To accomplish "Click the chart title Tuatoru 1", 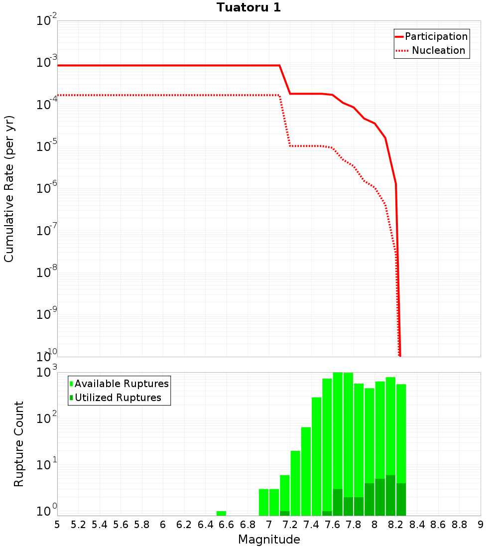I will [249, 7].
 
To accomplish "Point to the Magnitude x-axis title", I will [269, 540].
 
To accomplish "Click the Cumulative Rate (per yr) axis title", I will [9, 189].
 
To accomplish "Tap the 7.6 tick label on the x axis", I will [332, 525].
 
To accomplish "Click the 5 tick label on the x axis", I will [57, 525].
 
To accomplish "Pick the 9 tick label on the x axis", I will [481, 525].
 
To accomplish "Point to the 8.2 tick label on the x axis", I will [396, 525].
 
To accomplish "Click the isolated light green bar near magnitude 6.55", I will [221, 513].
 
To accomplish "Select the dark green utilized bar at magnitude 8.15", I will [390, 496].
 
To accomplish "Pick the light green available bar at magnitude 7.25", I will [295, 483].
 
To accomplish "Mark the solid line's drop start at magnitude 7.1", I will [279, 65].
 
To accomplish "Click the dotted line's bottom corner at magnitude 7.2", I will [290, 146].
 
